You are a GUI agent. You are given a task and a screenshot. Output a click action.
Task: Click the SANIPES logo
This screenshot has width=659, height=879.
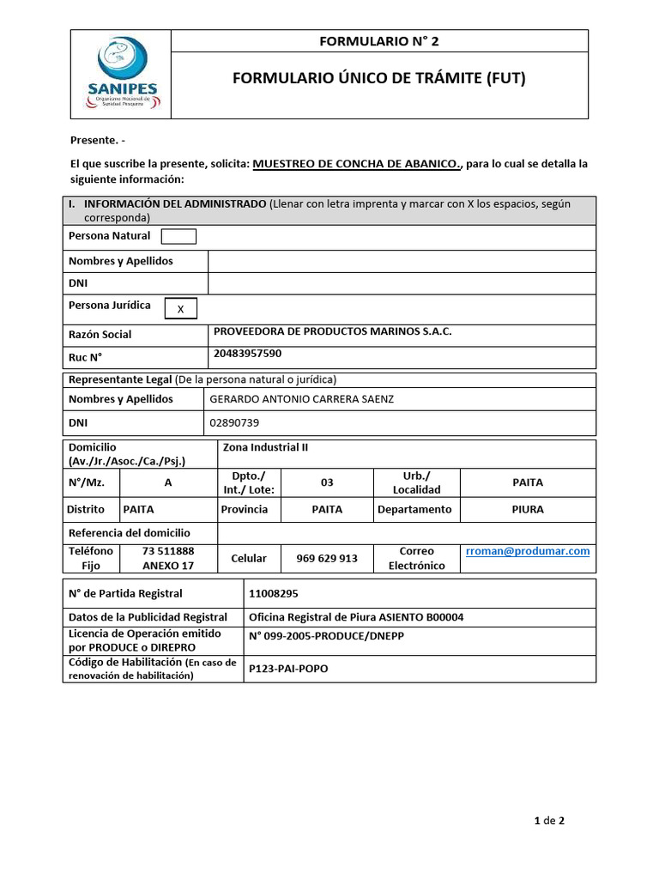[x=121, y=74]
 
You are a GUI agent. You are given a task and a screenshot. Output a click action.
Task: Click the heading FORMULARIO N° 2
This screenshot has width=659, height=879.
[x=378, y=40]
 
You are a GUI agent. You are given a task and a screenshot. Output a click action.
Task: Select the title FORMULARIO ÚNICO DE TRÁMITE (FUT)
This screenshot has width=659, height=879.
[x=378, y=79]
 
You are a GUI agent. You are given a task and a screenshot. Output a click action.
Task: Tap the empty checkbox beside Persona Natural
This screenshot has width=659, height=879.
[x=178, y=236]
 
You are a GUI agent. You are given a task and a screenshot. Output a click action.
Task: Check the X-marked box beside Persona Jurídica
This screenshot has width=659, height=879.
[x=179, y=309]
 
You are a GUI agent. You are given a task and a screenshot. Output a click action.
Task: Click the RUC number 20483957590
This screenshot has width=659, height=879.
[x=247, y=353]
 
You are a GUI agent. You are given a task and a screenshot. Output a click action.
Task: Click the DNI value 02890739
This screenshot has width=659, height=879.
[x=234, y=422]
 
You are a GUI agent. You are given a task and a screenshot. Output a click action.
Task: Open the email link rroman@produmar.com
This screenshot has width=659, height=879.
[x=528, y=551]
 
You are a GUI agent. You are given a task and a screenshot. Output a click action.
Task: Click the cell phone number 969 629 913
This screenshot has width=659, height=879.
[x=327, y=558]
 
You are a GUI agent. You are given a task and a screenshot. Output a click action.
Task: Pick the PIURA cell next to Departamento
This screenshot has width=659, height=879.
[x=527, y=509]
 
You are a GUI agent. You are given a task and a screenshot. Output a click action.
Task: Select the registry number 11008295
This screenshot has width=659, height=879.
[x=274, y=593]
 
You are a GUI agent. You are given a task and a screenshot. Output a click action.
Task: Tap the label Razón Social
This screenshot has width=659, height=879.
[x=100, y=334]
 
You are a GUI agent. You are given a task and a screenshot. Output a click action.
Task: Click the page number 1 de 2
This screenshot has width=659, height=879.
[x=548, y=821]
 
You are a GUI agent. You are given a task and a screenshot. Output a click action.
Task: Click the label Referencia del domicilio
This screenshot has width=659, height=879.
[x=129, y=532]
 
